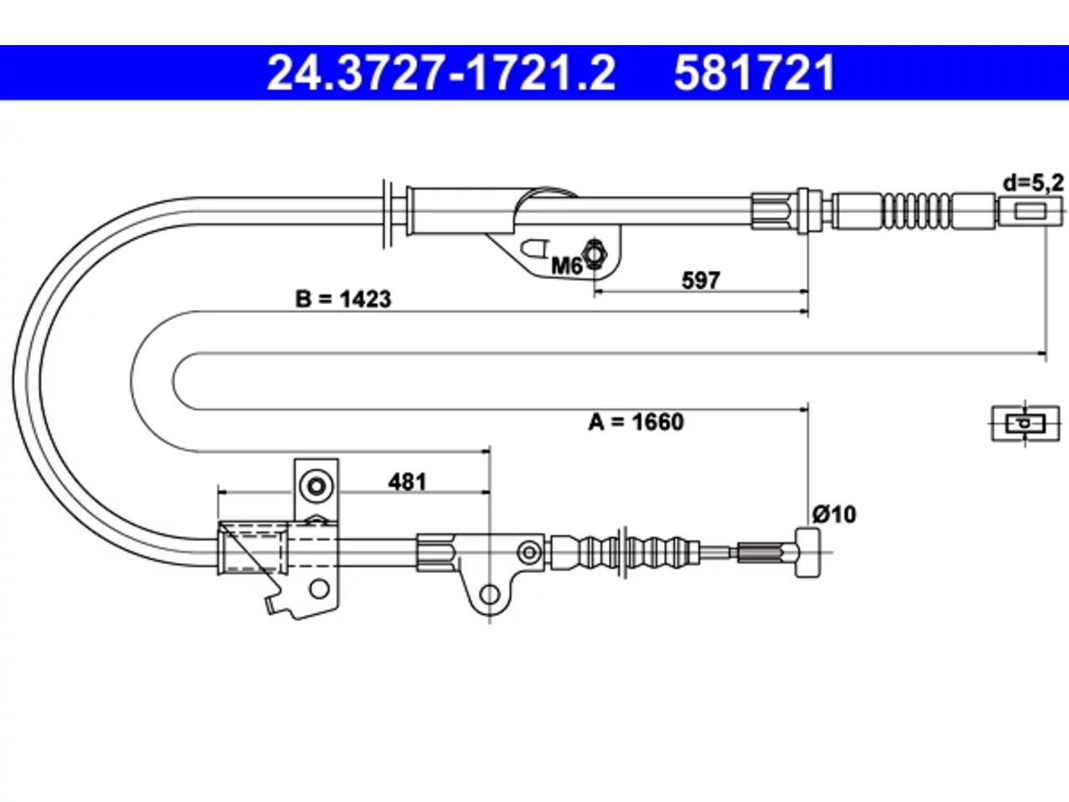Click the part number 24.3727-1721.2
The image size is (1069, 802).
pyautogui.click(x=441, y=73)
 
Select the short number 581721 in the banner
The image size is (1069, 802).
pyautogui.click(x=754, y=73)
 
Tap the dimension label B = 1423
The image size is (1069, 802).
pyautogui.click(x=343, y=298)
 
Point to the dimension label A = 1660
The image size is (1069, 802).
pyautogui.click(x=636, y=422)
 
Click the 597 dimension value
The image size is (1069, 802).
pyautogui.click(x=701, y=280)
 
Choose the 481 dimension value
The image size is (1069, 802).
pyautogui.click(x=408, y=482)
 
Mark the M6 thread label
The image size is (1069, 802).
pyautogui.click(x=566, y=266)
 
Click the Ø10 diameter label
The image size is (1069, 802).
pyautogui.click(x=834, y=515)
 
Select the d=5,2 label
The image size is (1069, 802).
pyautogui.click(x=1033, y=183)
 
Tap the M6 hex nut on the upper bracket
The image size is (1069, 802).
pyautogui.click(x=594, y=253)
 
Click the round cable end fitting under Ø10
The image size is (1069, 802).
pyautogui.click(x=808, y=553)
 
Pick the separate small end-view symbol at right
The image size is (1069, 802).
pyautogui.click(x=1026, y=424)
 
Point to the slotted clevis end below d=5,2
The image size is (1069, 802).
pyautogui.click(x=1030, y=211)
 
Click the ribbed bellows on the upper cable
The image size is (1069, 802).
pyautogui.click(x=916, y=211)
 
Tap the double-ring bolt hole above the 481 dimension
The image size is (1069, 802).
pyautogui.click(x=317, y=486)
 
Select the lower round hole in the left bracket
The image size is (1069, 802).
pyautogui.click(x=319, y=589)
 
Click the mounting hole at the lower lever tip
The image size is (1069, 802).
pyautogui.click(x=489, y=594)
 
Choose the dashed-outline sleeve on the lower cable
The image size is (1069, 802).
pyautogui.click(x=252, y=547)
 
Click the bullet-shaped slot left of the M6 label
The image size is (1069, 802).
pyautogui.click(x=534, y=248)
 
